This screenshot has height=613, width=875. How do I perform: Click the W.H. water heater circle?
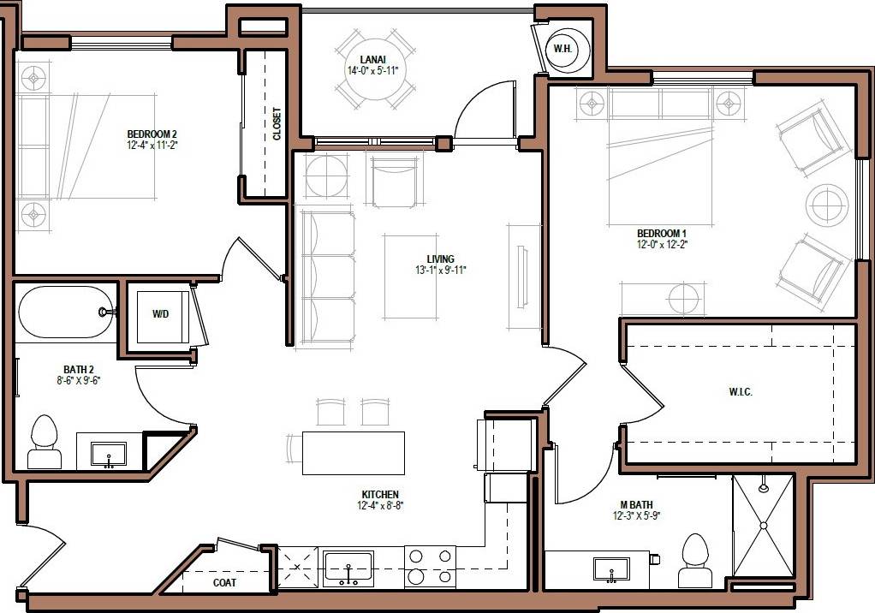pos(562,48)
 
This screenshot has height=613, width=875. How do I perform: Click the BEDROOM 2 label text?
pos(152,134)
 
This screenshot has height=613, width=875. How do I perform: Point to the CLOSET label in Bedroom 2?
pos(277,123)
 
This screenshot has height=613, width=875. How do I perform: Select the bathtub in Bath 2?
pos(65,312)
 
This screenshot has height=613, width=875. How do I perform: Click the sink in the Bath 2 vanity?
pos(109,453)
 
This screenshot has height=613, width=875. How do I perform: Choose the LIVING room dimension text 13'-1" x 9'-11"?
pos(440,271)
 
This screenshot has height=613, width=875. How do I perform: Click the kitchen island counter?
pos(353,453)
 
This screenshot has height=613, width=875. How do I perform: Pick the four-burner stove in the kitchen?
pos(430,567)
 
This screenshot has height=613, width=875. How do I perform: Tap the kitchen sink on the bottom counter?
pos(348,567)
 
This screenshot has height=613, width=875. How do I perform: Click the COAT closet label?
pos(224,582)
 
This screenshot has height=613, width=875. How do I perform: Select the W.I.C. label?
pos(741,392)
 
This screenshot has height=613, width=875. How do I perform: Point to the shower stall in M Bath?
pos(763,526)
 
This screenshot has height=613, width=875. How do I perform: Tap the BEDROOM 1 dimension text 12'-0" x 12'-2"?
pos(662,245)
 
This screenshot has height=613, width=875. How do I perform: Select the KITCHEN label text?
pos(380,494)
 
